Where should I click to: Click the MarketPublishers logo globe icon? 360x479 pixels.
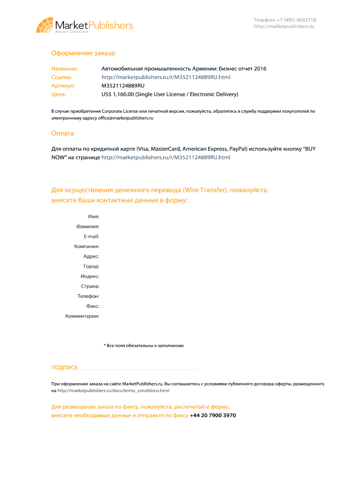(x=44, y=25)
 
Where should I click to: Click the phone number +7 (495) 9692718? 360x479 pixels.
(x=285, y=20)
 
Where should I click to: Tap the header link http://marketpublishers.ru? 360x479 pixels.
(x=284, y=27)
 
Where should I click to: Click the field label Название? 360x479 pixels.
(x=65, y=69)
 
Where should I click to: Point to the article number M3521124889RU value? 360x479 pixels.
(x=123, y=86)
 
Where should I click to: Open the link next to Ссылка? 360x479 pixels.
(x=166, y=77)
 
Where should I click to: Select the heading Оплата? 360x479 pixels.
(x=63, y=133)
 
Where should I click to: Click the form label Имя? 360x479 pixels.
(x=94, y=217)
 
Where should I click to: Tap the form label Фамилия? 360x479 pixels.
(x=88, y=226)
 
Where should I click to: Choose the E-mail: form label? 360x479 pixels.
(x=91, y=236)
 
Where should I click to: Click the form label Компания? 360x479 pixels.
(x=86, y=246)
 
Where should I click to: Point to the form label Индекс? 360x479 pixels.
(x=90, y=276)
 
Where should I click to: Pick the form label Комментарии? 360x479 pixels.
(x=82, y=316)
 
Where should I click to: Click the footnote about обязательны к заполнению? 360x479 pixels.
(x=144, y=346)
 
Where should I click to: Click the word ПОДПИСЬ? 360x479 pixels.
(x=65, y=368)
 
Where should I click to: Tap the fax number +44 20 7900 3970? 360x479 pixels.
(x=213, y=415)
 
